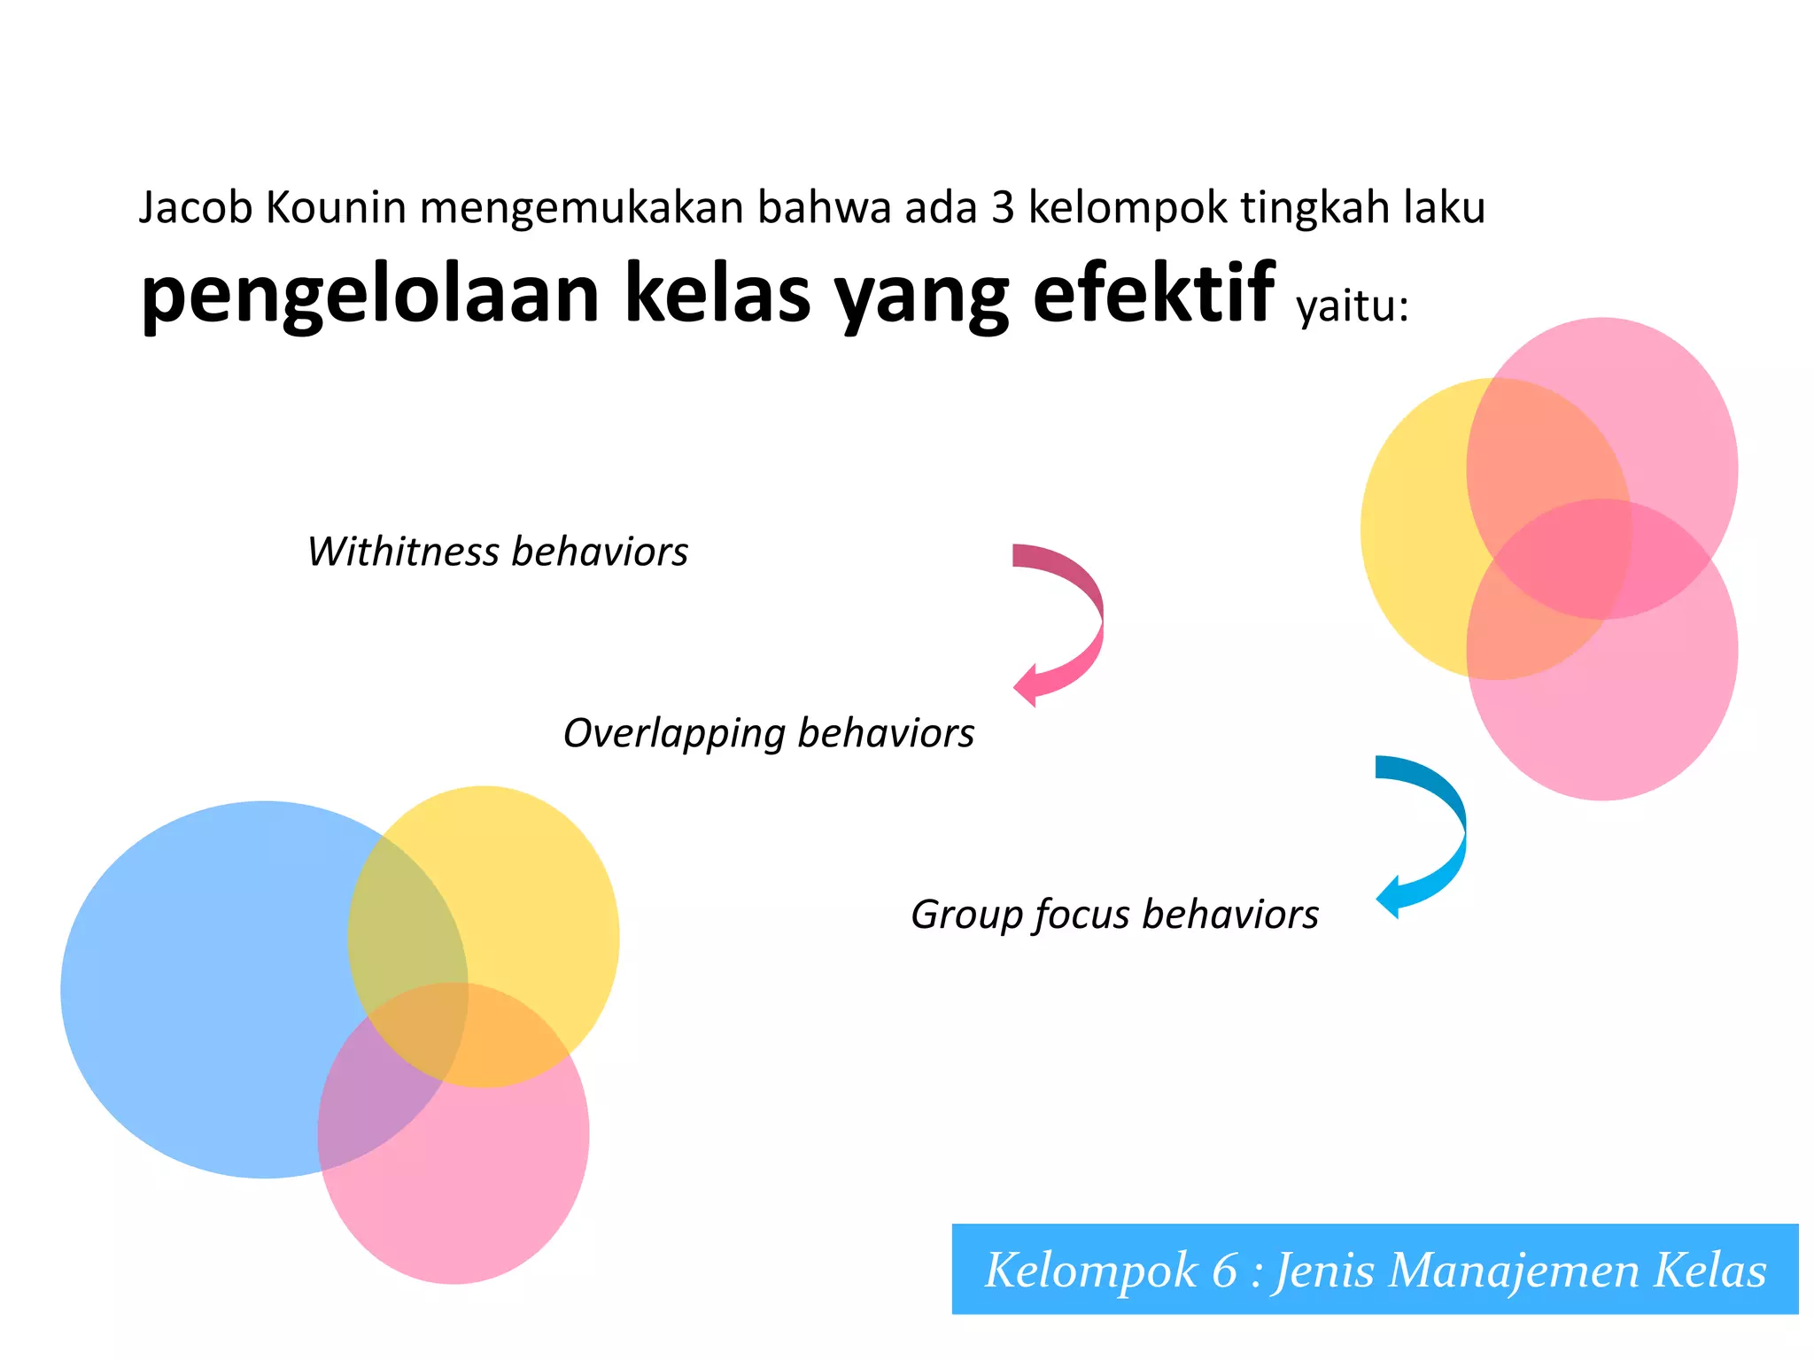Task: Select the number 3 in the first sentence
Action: click(1002, 209)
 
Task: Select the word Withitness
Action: click(404, 552)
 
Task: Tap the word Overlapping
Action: click(674, 734)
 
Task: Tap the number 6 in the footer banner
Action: click(1224, 1270)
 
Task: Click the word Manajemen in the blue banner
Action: click(1514, 1270)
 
